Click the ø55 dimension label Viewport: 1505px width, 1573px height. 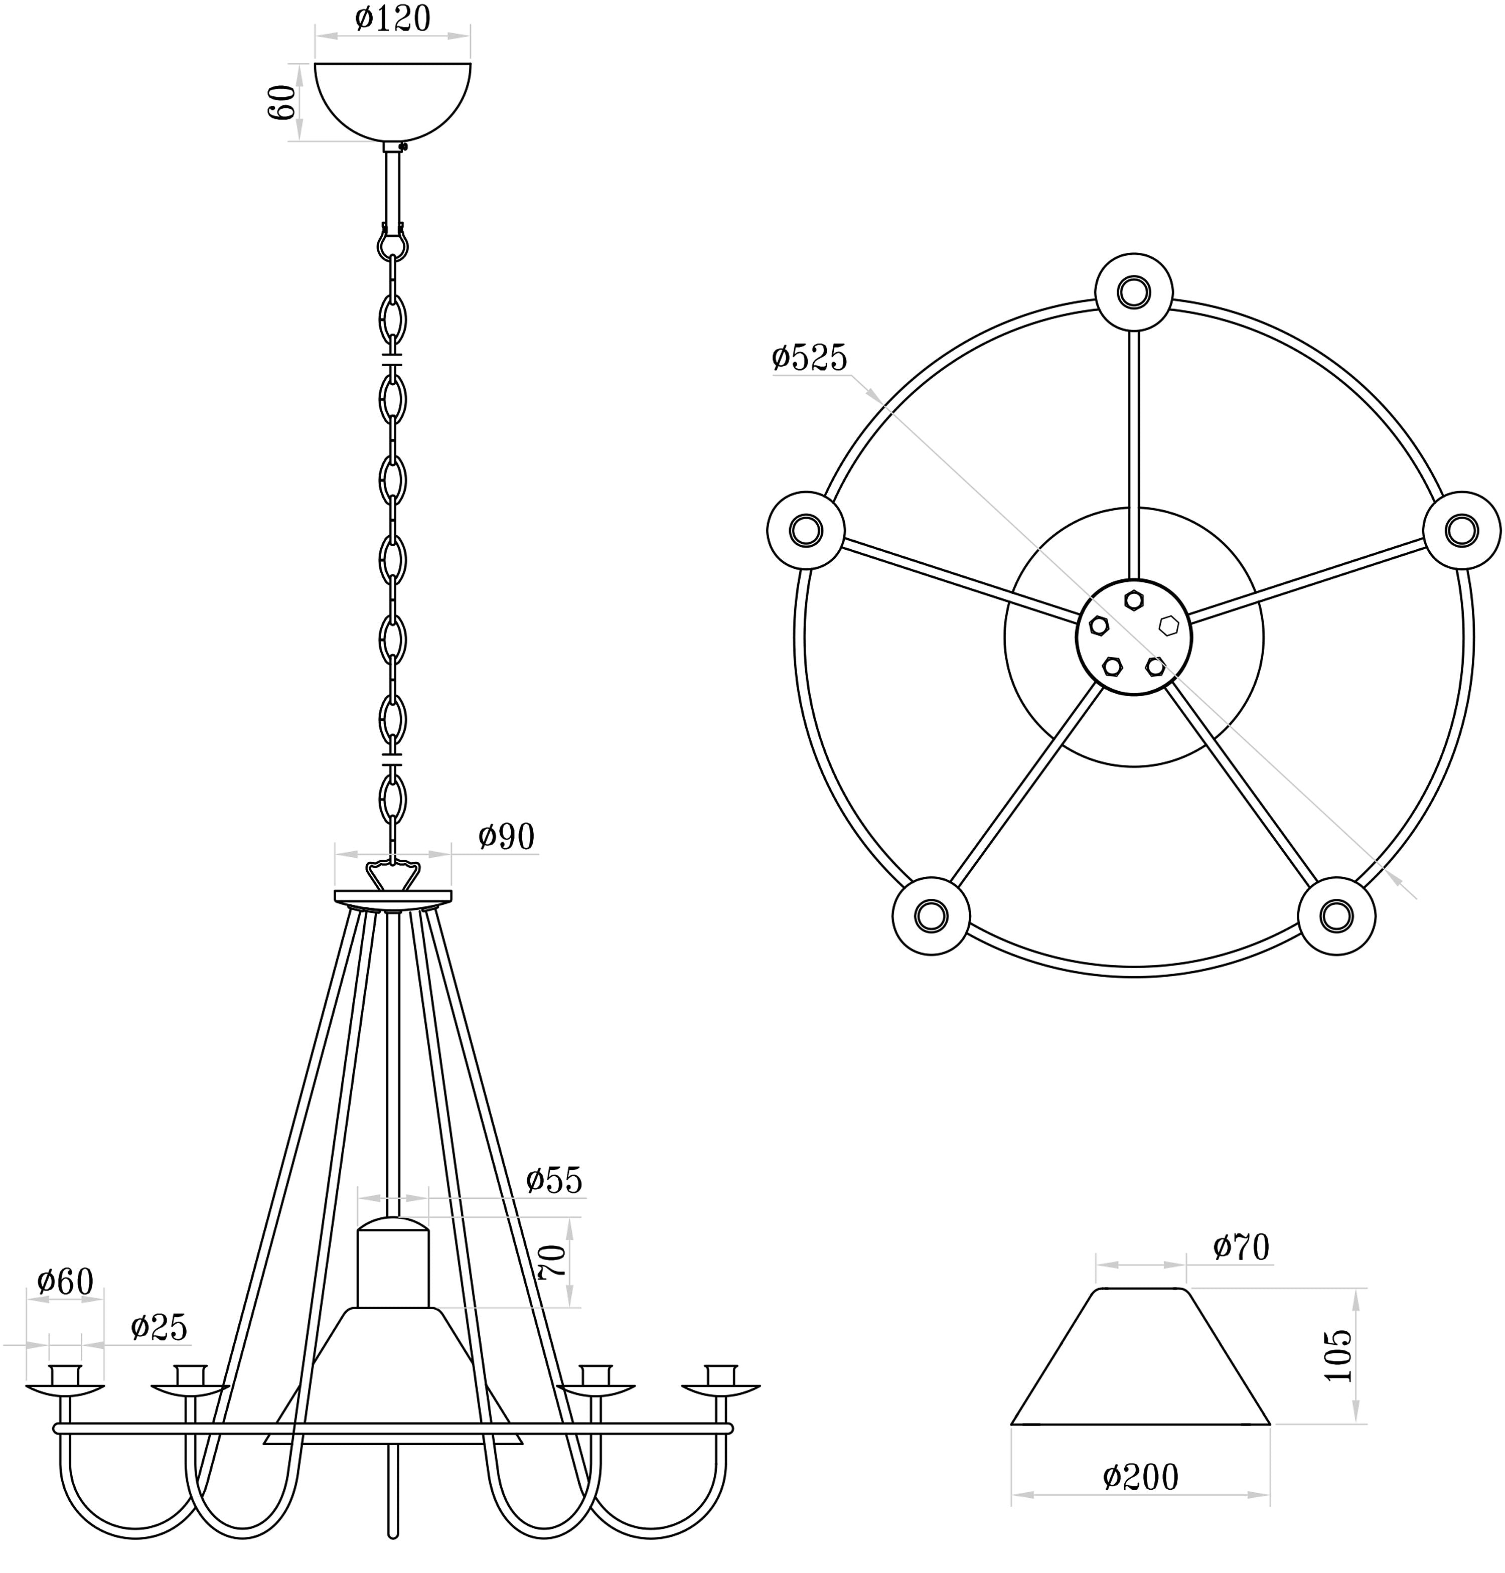(554, 1181)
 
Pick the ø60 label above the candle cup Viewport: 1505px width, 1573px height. (66, 1281)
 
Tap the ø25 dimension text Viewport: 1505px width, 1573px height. (159, 1328)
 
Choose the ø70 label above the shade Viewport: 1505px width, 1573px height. (1241, 1247)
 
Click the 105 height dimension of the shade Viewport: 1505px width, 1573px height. (1337, 1356)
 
